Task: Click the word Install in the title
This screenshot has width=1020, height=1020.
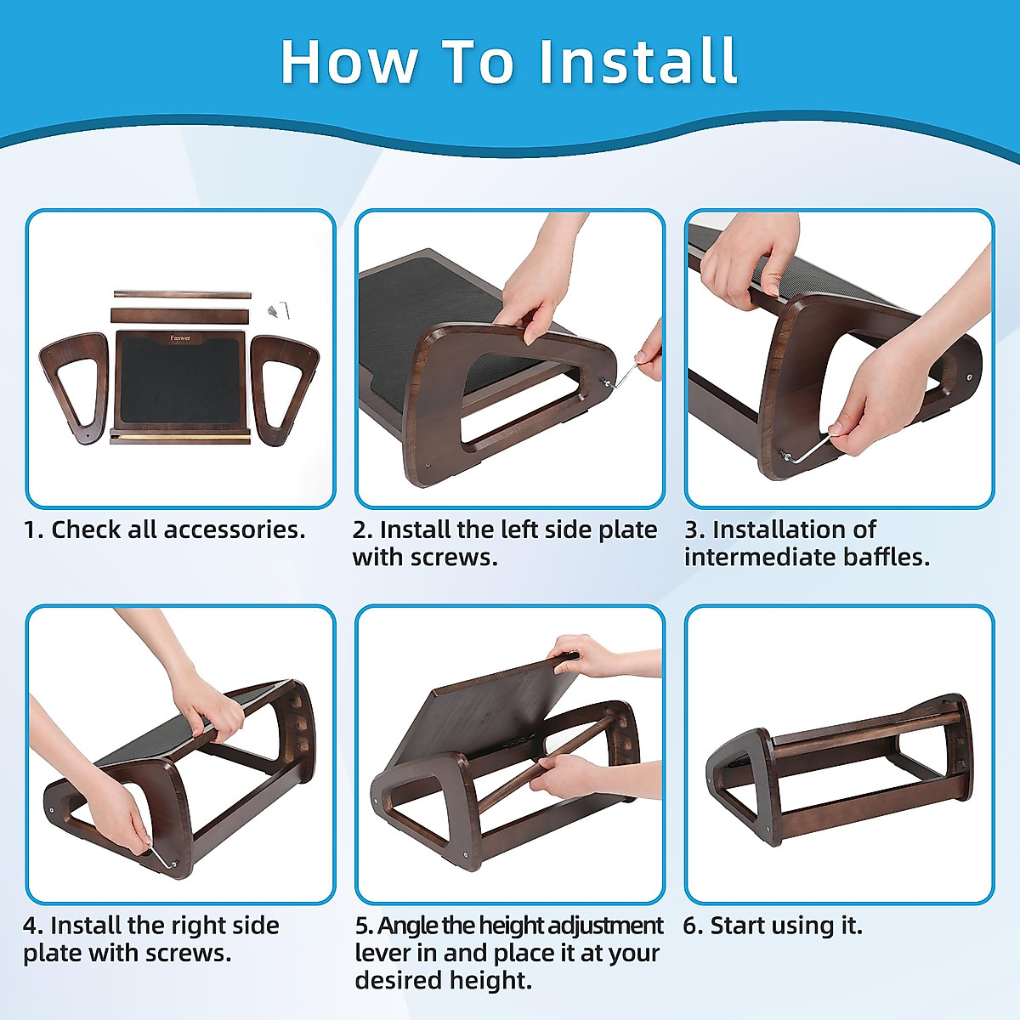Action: click(637, 62)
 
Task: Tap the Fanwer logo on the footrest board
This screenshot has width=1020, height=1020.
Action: click(180, 337)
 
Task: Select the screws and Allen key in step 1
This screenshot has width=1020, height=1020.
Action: click(279, 310)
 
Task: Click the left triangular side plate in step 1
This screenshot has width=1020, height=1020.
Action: click(72, 388)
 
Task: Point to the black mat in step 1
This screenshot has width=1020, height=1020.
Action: click(180, 379)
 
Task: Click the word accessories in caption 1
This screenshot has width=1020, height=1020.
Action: click(235, 530)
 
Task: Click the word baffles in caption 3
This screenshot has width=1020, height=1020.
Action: click(887, 558)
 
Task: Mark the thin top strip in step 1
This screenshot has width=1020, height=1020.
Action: click(182, 294)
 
